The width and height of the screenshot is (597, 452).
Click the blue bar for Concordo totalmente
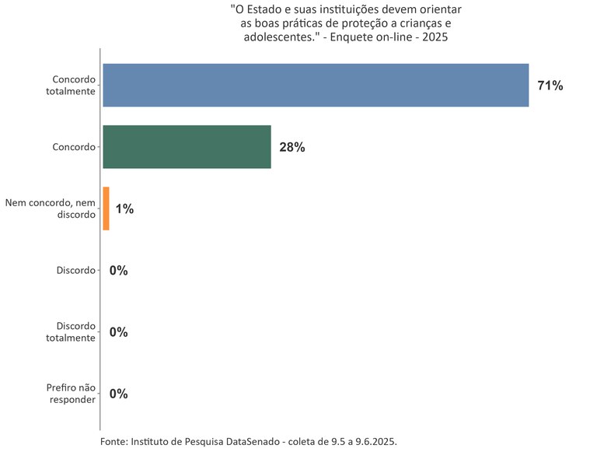(x=316, y=85)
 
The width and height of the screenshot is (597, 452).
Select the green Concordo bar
(x=187, y=146)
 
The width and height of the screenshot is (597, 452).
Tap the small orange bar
(x=106, y=208)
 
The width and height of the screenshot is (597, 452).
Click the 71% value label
(x=550, y=86)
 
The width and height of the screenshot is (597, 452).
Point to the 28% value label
(x=292, y=147)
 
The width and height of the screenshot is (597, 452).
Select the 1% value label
(x=124, y=208)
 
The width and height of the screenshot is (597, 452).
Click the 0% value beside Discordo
(x=118, y=271)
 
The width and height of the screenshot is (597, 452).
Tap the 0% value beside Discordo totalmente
(x=118, y=332)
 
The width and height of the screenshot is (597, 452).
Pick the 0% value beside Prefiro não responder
(x=118, y=394)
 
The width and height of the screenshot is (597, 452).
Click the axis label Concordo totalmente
(x=71, y=86)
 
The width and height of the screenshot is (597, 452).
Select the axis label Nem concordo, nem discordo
(x=51, y=208)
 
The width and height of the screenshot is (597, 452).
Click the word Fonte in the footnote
(x=113, y=441)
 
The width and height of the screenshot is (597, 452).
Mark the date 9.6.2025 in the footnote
(x=375, y=441)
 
